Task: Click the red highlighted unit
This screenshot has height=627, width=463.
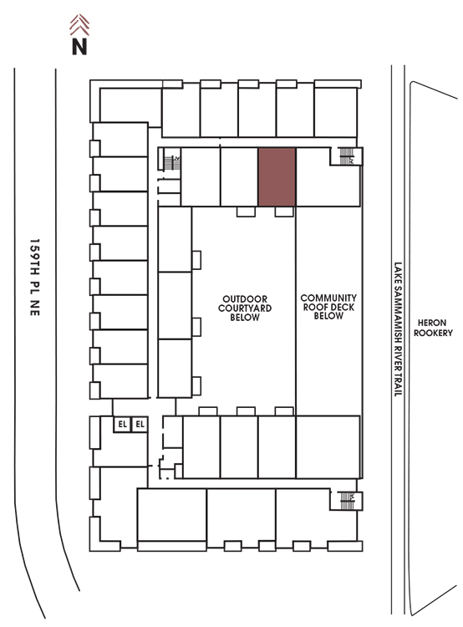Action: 277,176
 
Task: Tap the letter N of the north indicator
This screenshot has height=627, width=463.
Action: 79,46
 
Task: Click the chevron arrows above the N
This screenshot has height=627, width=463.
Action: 79,24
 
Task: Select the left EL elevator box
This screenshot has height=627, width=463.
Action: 122,424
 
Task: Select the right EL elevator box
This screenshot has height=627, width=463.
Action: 140,424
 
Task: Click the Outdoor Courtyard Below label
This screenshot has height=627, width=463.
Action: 245,308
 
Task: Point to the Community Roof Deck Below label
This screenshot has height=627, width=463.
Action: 328,307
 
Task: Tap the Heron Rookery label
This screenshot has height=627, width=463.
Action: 433,328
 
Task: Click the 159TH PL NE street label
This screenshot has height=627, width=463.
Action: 35,277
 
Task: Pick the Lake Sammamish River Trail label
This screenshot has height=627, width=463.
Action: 398,329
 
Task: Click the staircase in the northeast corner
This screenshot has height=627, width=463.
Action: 346,156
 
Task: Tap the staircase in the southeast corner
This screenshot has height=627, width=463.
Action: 346,500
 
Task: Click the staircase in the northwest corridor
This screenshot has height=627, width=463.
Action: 172,161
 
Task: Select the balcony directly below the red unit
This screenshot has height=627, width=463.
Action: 284,212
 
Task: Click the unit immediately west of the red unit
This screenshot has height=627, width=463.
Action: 239,176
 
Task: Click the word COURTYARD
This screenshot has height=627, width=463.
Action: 245,308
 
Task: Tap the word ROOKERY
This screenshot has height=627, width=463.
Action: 433,333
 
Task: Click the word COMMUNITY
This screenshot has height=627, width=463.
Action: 328,298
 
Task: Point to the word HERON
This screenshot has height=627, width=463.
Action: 432,323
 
